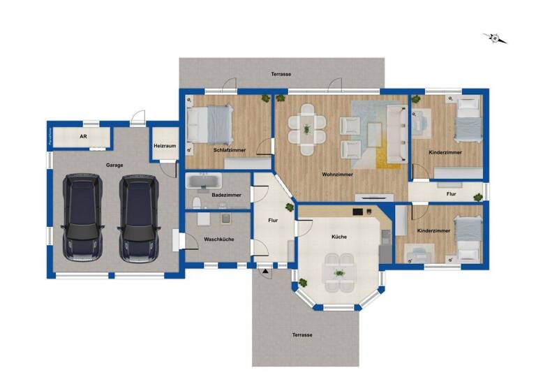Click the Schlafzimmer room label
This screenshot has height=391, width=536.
tap(229, 149)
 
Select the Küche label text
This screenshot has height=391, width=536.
tap(339, 237)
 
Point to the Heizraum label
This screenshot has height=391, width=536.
tap(164, 147)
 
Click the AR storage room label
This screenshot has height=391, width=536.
tap(83, 137)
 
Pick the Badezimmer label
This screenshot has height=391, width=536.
tap(226, 195)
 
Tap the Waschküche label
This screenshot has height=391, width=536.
tap(218, 239)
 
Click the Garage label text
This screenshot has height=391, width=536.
tap(115, 165)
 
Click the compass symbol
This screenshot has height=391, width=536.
tap(495, 38)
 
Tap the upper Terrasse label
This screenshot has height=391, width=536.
tap(281, 74)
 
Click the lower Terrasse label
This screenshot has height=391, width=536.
tap(302, 335)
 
